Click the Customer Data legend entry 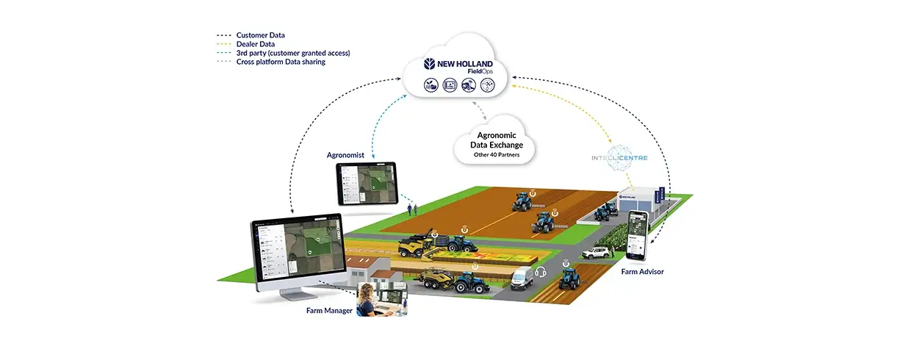click(x=260, y=35)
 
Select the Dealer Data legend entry click(x=256, y=44)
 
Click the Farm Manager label click(x=329, y=311)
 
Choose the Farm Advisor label click(x=642, y=272)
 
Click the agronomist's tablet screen click(x=366, y=183)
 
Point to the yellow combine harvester click(x=416, y=245)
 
